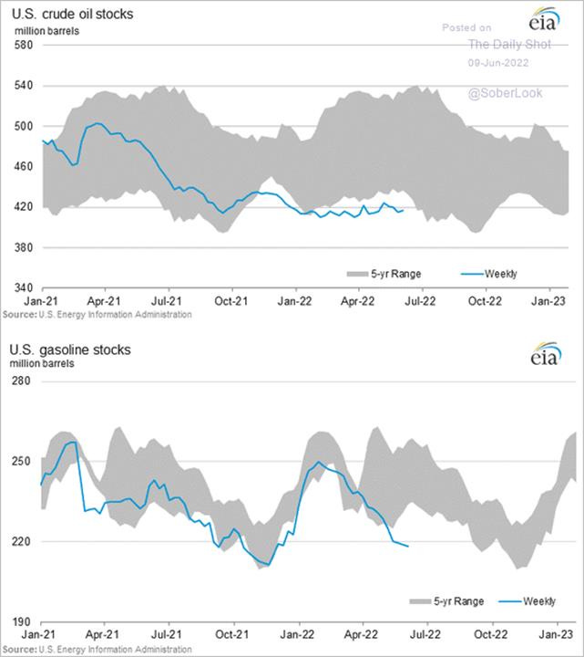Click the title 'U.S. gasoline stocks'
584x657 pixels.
tap(70, 349)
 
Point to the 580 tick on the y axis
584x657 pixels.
tap(24, 46)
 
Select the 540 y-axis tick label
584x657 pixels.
tap(24, 86)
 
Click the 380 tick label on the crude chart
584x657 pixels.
tap(24, 248)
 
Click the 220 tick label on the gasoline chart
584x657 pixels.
tap(24, 541)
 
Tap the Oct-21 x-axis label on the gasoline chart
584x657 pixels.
tap(232, 632)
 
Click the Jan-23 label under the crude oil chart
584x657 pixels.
tap(547, 299)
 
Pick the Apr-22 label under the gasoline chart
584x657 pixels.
tap(357, 632)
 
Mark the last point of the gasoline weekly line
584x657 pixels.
tap(408, 547)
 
